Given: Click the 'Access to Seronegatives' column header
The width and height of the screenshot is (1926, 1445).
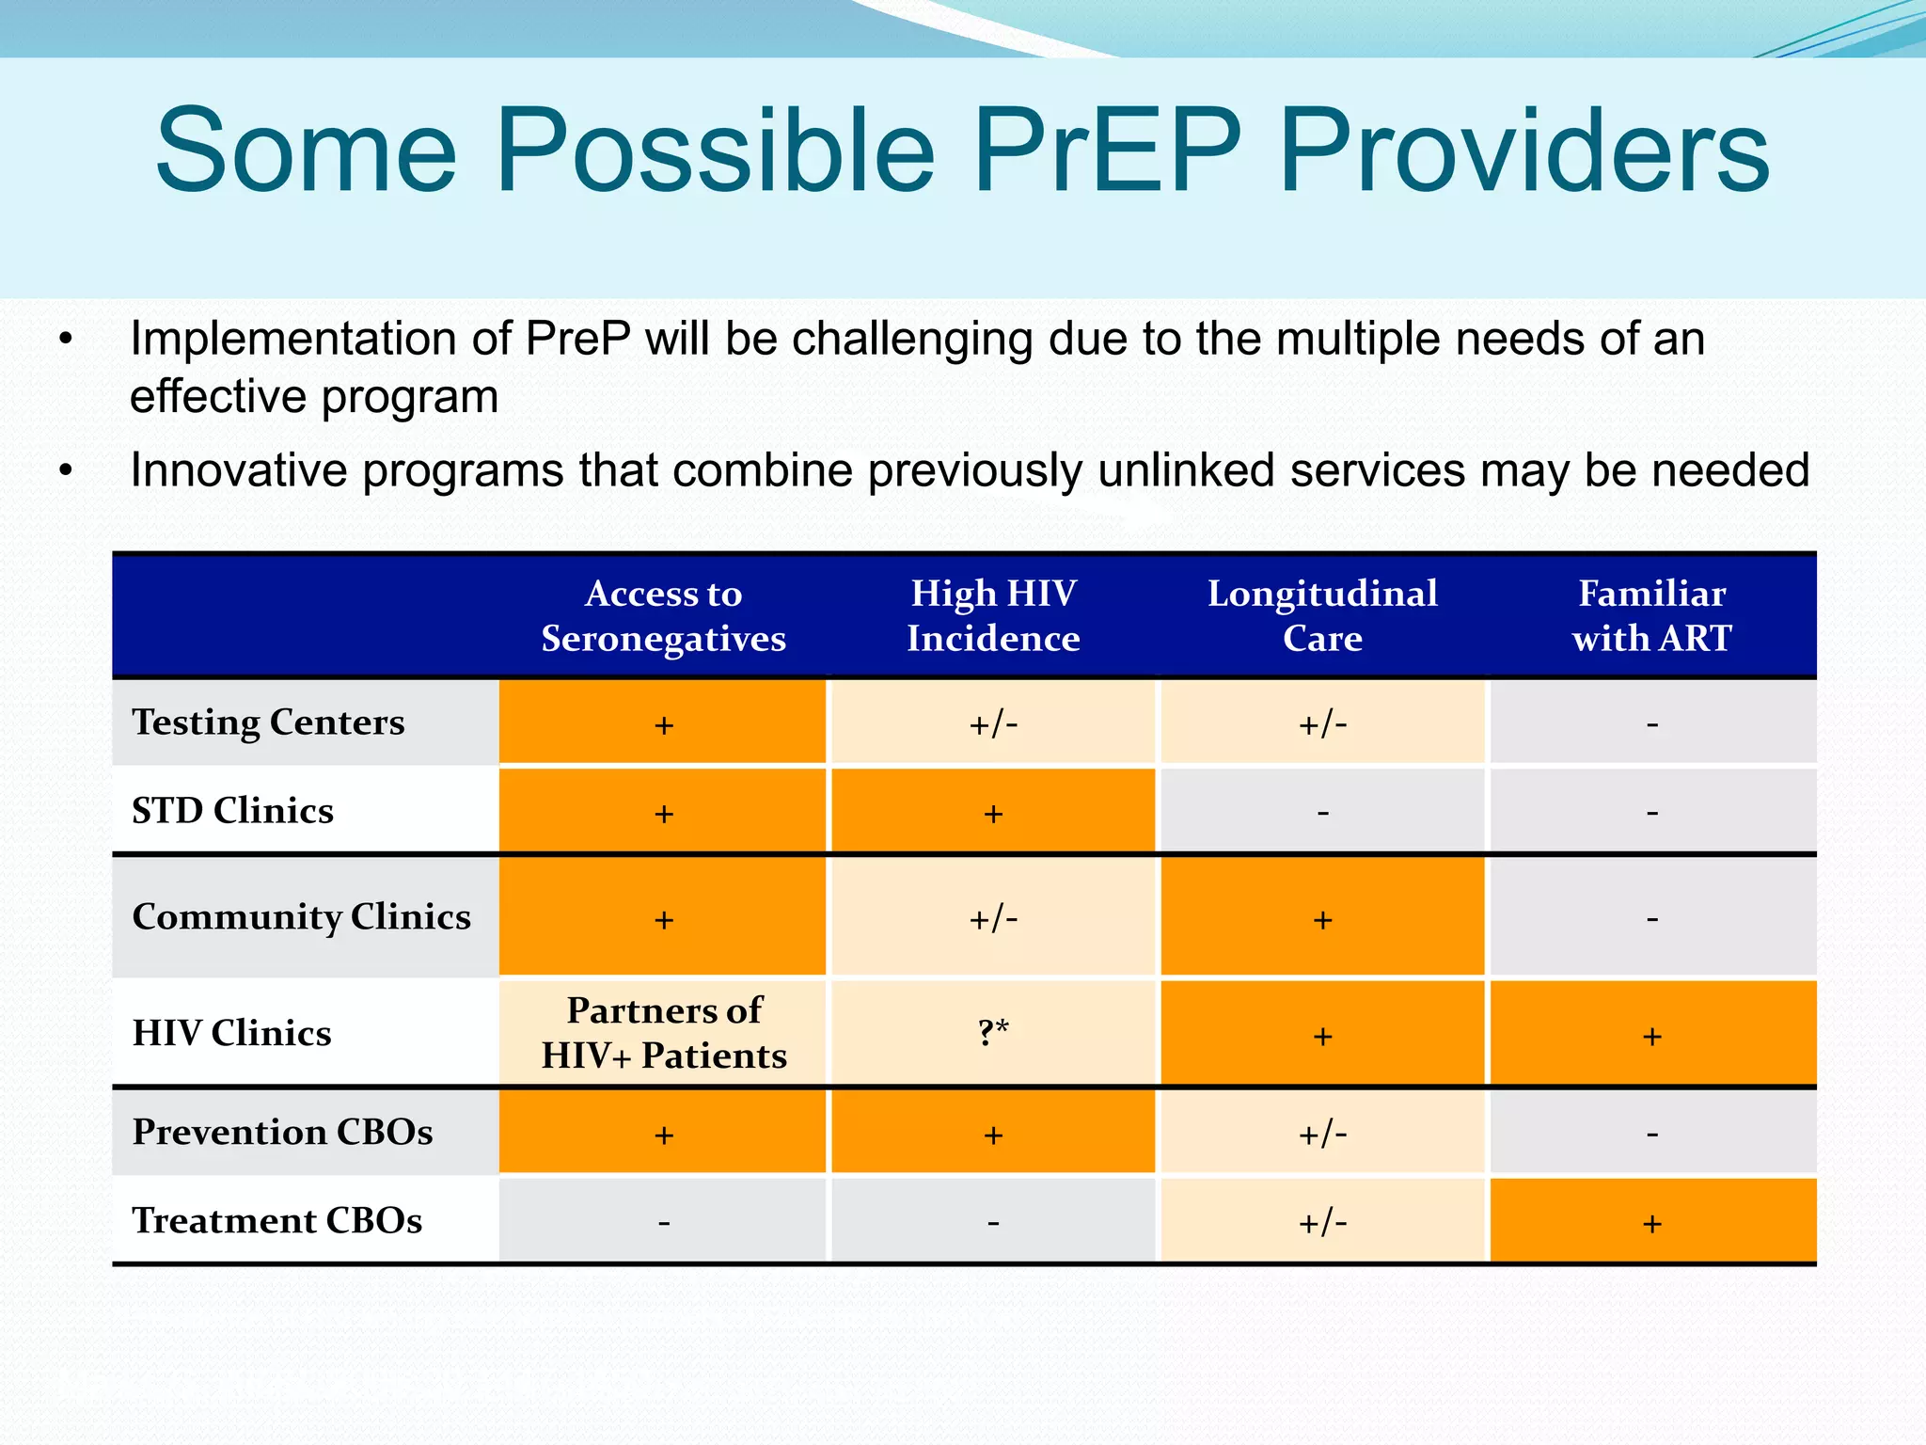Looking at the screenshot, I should pyautogui.click(x=663, y=616).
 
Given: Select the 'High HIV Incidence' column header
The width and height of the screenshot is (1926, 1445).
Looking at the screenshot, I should pyautogui.click(x=993, y=616).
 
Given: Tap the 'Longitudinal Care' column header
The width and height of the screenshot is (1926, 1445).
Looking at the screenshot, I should pyautogui.click(x=1322, y=616).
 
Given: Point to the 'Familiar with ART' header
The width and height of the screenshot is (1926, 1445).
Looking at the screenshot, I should pyautogui.click(x=1651, y=616).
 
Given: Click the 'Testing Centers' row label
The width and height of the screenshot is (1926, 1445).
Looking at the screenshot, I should pyautogui.click(x=268, y=722).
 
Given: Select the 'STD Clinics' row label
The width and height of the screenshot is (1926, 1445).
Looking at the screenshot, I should pyautogui.click(x=232, y=811).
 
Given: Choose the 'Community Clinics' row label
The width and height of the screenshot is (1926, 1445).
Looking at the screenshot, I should pyautogui.click(x=301, y=916).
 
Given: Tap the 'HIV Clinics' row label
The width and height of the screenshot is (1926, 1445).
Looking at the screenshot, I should pyautogui.click(x=231, y=1033).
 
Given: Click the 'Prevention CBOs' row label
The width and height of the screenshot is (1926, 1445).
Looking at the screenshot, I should pyautogui.click(x=282, y=1132).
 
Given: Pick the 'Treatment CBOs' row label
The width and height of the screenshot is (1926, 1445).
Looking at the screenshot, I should pyautogui.click(x=276, y=1220).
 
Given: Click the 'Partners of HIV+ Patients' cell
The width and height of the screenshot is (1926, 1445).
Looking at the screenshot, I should pyautogui.click(x=663, y=1033).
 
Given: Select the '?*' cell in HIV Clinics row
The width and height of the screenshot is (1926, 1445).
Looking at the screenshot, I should pyautogui.click(x=993, y=1033).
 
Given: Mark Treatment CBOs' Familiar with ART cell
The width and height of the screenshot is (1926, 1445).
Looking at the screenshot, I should pyautogui.click(x=1651, y=1222).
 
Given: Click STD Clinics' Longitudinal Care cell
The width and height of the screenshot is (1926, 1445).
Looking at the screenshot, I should pyautogui.click(x=1322, y=812).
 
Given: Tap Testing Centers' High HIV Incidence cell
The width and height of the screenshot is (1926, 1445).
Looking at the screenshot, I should pyautogui.click(x=993, y=723).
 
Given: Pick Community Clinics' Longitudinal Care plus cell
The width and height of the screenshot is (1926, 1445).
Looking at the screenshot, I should pyautogui.click(x=1322, y=918).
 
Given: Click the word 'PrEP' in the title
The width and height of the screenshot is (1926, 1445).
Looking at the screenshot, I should pyautogui.click(x=1106, y=151).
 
